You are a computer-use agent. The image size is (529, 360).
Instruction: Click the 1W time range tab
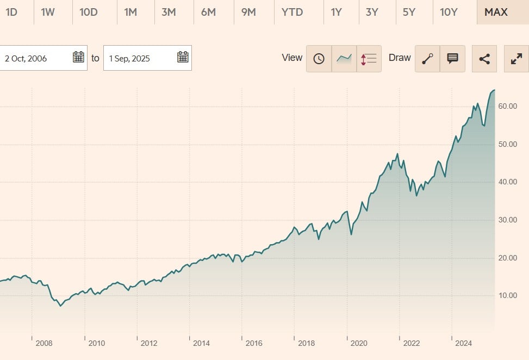pos(48,12)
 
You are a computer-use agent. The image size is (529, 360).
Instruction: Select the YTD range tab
pos(292,12)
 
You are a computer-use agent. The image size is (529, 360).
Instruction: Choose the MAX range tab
pos(495,12)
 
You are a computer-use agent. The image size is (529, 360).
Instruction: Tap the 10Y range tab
pos(449,12)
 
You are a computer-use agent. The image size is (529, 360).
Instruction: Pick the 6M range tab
pos(208,12)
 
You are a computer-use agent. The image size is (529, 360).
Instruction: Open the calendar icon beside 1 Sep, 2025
pos(183,57)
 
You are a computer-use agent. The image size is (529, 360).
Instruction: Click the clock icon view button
pos(319,59)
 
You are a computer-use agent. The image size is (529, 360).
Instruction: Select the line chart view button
pos(344,59)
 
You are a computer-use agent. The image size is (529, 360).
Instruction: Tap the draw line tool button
pos(427,59)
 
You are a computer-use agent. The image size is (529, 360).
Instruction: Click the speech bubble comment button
pos(452,59)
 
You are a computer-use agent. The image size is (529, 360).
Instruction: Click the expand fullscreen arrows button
pos(516,59)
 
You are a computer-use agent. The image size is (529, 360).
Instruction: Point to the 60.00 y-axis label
pos(507,107)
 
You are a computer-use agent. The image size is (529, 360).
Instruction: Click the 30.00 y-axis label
pos(507,220)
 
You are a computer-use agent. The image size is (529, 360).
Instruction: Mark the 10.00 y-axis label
pos(507,296)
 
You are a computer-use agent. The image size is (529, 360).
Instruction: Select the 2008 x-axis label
pos(44,343)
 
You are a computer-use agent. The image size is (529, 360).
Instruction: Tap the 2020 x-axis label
pos(359,343)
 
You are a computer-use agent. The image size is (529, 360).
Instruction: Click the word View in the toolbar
pos(292,58)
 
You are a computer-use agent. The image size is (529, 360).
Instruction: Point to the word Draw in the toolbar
pos(400,58)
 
